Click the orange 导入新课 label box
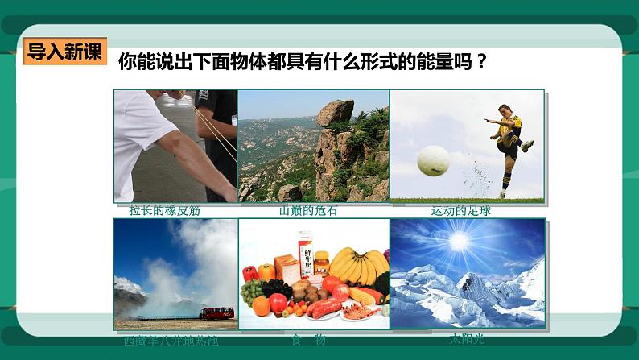64,52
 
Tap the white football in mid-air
433,160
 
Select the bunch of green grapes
252,290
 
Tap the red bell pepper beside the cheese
249,272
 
